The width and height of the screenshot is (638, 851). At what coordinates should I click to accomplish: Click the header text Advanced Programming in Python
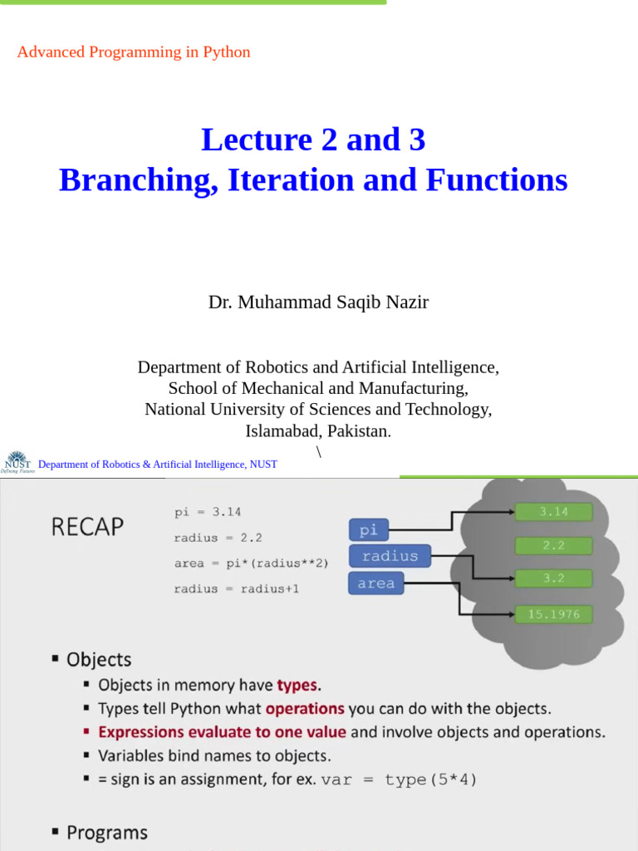tap(134, 52)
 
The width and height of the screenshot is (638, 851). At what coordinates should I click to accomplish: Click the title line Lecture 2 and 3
tap(313, 140)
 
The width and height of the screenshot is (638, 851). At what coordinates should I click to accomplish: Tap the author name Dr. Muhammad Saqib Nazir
tap(318, 303)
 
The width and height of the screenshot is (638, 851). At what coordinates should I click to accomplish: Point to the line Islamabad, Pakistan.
tap(318, 430)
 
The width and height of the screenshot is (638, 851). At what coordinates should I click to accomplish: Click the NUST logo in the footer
tap(17, 462)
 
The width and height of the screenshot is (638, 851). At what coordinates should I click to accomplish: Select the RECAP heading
tap(88, 527)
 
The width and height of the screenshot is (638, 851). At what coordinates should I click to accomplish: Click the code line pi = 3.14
tap(208, 513)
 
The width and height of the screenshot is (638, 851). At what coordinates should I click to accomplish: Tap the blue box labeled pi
tap(368, 529)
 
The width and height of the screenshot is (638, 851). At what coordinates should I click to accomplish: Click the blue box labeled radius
tap(390, 556)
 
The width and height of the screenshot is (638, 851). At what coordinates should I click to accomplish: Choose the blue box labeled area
tap(375, 583)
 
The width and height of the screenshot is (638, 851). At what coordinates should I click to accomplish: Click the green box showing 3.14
tap(554, 512)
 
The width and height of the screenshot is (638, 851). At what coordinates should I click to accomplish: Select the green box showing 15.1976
tap(554, 614)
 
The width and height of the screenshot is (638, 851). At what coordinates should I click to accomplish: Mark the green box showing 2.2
tap(554, 545)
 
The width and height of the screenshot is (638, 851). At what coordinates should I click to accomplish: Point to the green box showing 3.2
tap(554, 578)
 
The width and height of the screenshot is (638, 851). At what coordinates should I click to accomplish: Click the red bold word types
tap(297, 686)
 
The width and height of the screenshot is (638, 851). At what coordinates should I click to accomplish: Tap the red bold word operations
tap(305, 709)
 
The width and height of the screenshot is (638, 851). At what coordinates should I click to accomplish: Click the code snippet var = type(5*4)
tap(400, 780)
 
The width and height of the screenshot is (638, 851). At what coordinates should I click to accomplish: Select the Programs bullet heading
tap(106, 833)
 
